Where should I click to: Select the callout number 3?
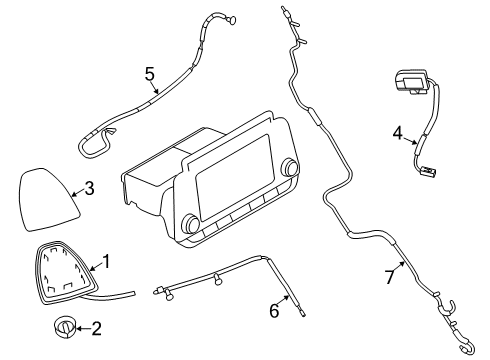tap(89, 188)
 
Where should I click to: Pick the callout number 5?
tap(150, 73)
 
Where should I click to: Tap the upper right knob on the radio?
tap(291, 167)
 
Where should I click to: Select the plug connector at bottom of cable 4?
tap(430, 171)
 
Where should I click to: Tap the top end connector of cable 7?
tap(287, 13)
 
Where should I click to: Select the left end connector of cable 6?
tap(157, 292)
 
